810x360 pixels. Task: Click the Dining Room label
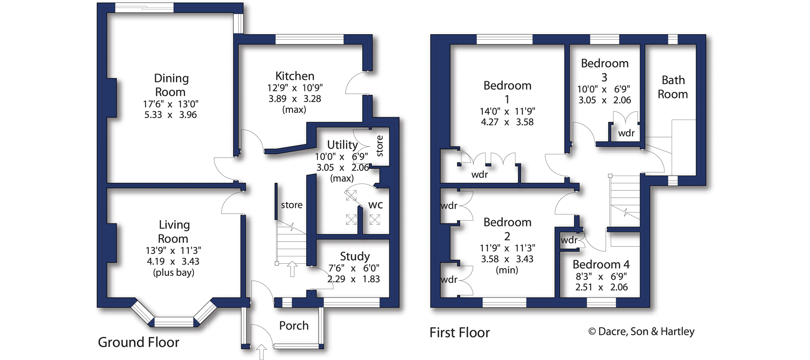[x=171, y=85]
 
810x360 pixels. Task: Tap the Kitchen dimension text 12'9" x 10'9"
[x=295, y=88]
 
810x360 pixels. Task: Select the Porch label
[x=294, y=326]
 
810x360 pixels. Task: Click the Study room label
[x=355, y=256]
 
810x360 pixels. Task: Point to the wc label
[x=375, y=205]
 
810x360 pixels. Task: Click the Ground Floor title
[x=138, y=342]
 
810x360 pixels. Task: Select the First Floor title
[x=459, y=333]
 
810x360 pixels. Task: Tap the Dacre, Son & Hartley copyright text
[x=641, y=331]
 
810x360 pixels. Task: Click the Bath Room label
[x=673, y=87]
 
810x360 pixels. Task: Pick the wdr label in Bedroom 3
[x=626, y=133]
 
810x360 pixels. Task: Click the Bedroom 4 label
[x=601, y=264]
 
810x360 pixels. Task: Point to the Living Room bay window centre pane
[x=174, y=322]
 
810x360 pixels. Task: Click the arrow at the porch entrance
[x=261, y=352]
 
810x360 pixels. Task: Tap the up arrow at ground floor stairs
[x=292, y=269]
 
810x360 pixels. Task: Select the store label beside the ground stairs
[x=291, y=205]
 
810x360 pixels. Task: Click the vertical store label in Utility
[x=379, y=146]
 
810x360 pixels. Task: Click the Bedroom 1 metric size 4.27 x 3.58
[x=507, y=122]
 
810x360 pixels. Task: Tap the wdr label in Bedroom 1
[x=479, y=175]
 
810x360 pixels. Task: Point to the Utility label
[x=342, y=145]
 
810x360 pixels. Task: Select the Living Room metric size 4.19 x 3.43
[x=173, y=262]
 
